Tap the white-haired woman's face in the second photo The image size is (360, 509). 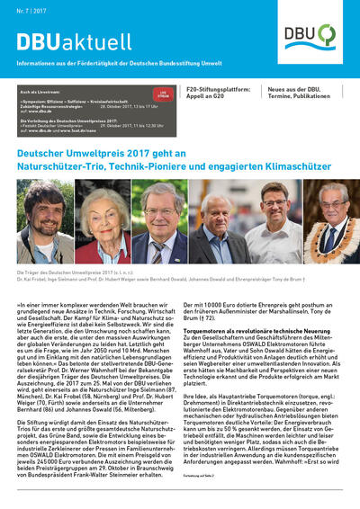pos(110,217)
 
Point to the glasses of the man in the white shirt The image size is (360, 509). pos(274,215)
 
